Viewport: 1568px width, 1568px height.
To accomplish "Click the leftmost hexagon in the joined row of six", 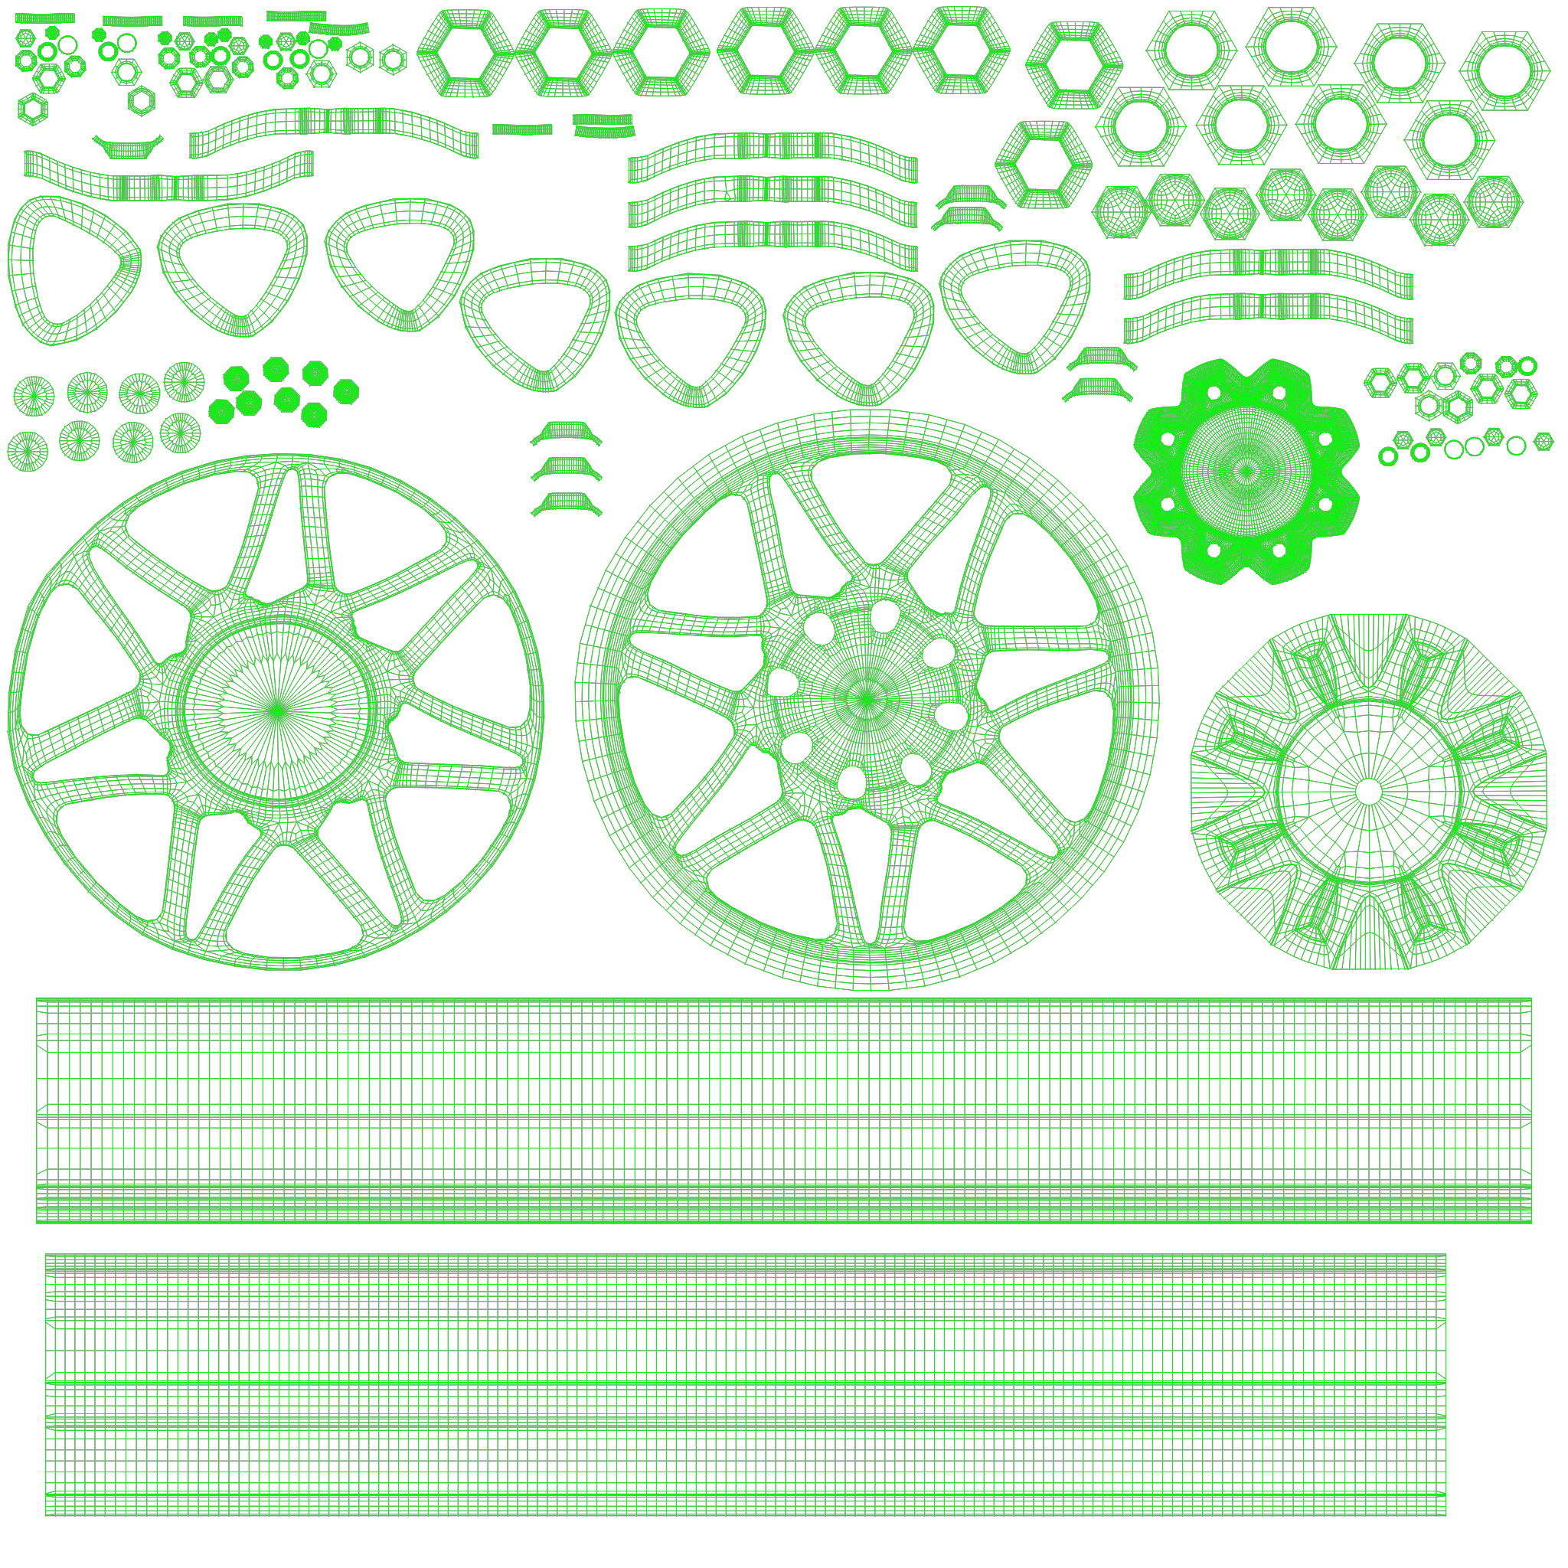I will pyautogui.click(x=468, y=54).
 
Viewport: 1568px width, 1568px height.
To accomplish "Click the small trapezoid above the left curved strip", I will pyautogui.click(x=128, y=147).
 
